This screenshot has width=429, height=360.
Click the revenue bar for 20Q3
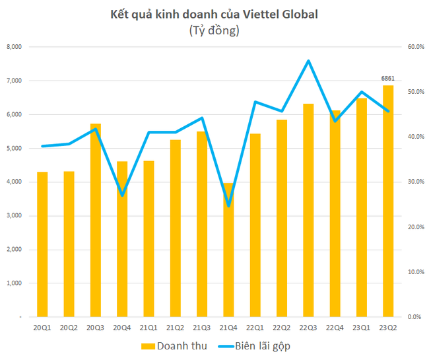[x=96, y=220]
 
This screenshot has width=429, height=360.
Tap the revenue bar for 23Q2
[x=388, y=201]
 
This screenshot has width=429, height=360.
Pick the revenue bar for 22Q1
[x=255, y=225]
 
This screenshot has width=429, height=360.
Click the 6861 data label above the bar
[x=388, y=79]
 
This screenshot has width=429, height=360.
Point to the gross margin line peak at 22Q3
[x=308, y=61]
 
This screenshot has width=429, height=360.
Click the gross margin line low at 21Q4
[x=229, y=205]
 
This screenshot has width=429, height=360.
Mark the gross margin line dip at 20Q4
[x=122, y=195]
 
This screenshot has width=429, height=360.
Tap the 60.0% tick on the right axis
[x=414, y=47]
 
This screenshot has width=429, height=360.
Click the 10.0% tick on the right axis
[x=414, y=272]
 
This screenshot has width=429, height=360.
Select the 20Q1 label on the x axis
[x=42, y=327]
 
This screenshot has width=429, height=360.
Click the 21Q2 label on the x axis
[x=176, y=327]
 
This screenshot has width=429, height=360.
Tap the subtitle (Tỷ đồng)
[x=214, y=30]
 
